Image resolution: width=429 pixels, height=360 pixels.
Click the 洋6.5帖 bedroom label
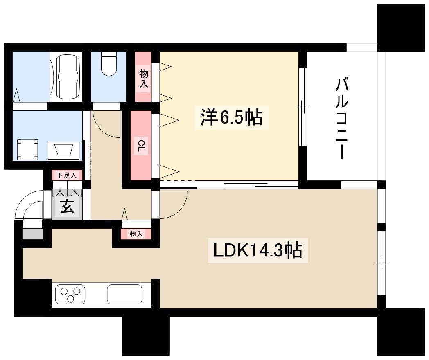click(231, 117)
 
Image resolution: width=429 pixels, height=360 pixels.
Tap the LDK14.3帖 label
click(258, 250)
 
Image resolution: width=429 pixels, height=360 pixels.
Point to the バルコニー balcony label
click(342, 118)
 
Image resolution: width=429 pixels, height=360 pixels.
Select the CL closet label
click(141, 146)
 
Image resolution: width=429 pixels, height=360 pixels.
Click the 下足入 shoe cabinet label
click(67, 175)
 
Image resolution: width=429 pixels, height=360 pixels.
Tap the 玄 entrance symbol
click(67, 206)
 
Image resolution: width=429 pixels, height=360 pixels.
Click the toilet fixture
click(109, 64)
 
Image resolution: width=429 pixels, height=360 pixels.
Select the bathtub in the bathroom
click(69, 77)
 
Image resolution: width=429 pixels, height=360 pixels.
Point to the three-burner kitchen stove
click(70, 295)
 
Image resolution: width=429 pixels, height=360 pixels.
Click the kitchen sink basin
click(124, 295)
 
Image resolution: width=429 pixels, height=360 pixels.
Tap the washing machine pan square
click(28, 150)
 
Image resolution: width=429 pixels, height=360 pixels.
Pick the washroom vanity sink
click(64, 151)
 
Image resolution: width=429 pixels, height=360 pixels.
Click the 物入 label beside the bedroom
click(144, 79)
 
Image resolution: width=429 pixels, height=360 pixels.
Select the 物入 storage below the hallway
click(136, 234)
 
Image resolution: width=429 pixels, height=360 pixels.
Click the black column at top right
click(401, 27)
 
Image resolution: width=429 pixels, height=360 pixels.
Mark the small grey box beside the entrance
click(33, 234)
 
